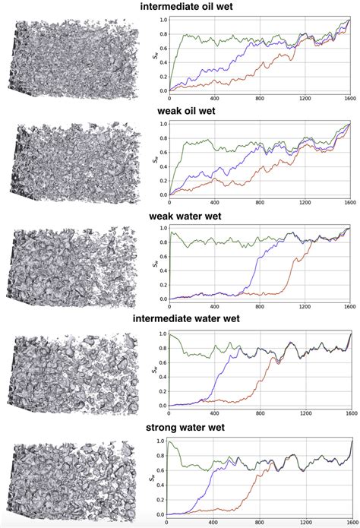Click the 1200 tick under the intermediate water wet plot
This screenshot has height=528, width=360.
point(305,414)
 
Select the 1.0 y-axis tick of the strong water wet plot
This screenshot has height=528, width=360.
point(161,441)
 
